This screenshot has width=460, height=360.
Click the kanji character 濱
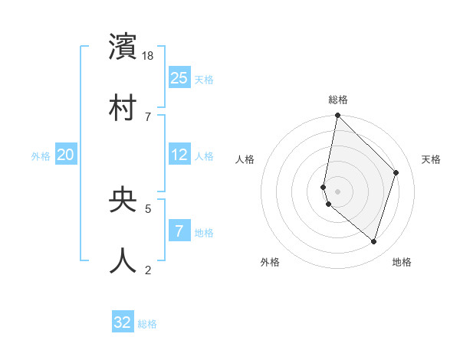point(123,47)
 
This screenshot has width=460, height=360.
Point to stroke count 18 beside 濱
point(149,56)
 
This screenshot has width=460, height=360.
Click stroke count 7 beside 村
point(147,116)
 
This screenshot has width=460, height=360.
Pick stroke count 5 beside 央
point(148,208)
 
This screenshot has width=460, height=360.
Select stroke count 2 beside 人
point(148,269)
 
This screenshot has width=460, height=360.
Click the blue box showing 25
point(179,77)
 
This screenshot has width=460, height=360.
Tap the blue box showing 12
point(179,155)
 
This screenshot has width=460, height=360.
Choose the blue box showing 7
point(179,231)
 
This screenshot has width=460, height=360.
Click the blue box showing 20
point(66,155)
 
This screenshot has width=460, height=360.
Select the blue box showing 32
point(123,322)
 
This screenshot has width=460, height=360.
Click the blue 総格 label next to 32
point(147,324)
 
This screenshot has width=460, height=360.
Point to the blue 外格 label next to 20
point(41,156)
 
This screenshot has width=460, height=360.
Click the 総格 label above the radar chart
point(338,100)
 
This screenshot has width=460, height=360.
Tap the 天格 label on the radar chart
point(431,159)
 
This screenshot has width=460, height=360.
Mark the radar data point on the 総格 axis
point(337,116)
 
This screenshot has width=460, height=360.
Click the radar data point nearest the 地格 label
point(373,241)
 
